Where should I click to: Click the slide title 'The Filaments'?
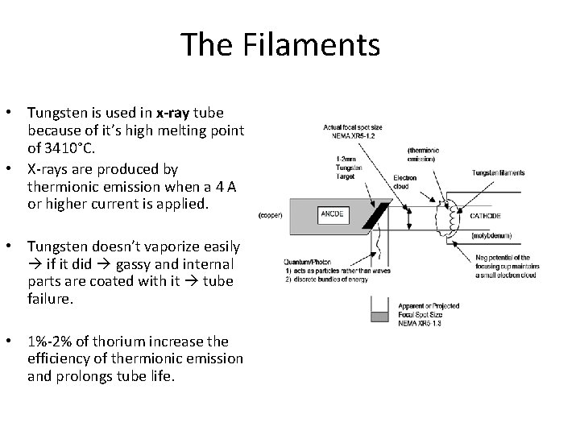click(x=280, y=44)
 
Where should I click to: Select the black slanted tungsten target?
click(x=374, y=215)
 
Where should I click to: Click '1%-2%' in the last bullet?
click(x=48, y=342)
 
